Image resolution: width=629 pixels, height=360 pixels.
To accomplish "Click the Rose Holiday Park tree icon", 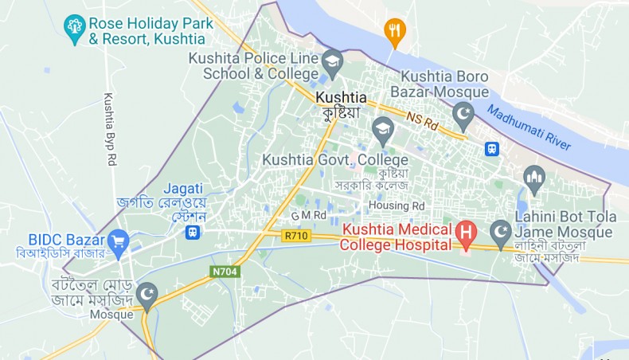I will tap(76, 30).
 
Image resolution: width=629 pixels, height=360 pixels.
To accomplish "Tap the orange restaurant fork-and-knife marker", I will tap(393, 32).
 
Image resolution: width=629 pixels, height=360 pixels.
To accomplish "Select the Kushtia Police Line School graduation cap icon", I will tap(332, 60).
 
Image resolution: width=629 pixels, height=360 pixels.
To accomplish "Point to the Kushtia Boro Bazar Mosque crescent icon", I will tap(463, 115).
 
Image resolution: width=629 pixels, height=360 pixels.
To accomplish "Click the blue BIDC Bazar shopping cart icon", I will tap(119, 239).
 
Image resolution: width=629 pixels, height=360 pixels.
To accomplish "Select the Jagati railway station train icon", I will tap(192, 232).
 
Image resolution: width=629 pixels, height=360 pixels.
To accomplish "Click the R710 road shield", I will tap(295, 236).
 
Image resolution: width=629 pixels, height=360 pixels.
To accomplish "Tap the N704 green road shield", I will tap(224, 272).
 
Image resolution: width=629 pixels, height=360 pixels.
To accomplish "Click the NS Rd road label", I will tap(422, 121).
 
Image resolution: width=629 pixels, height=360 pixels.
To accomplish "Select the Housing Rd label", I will tap(396, 205).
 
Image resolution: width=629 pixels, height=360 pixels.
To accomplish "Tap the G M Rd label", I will tap(309, 215).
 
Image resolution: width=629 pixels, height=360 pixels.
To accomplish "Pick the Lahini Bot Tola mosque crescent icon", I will tap(501, 233).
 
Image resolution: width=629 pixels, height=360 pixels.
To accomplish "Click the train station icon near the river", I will tap(493, 150).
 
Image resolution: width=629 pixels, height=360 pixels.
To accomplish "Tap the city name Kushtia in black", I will tap(342, 98).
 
